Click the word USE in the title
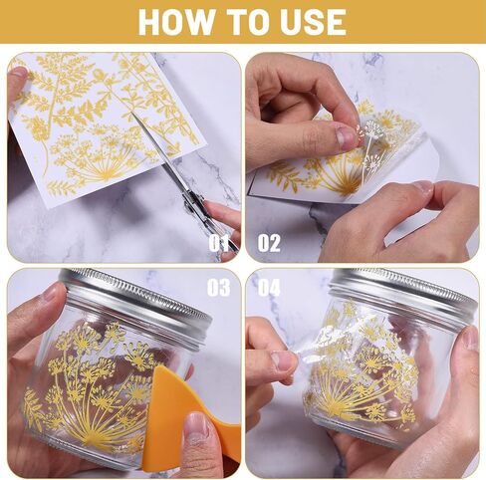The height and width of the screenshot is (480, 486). click(x=313, y=22)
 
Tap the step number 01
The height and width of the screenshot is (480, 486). click(x=218, y=243)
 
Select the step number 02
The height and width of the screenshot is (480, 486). click(x=269, y=243)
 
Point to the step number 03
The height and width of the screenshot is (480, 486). click(x=218, y=288)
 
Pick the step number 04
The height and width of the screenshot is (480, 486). click(x=269, y=288)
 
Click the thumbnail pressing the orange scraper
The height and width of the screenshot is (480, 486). click(x=196, y=427)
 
